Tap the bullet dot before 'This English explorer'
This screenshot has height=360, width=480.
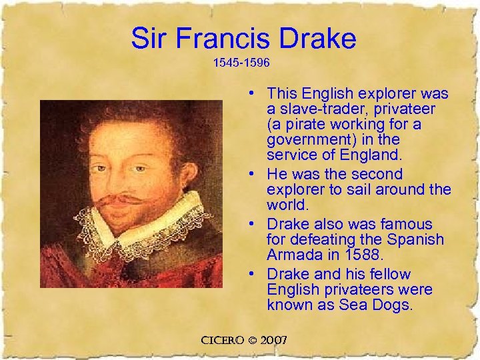[255, 93]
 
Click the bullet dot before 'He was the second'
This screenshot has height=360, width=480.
[255, 175]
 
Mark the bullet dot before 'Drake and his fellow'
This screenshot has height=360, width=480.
[255, 275]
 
